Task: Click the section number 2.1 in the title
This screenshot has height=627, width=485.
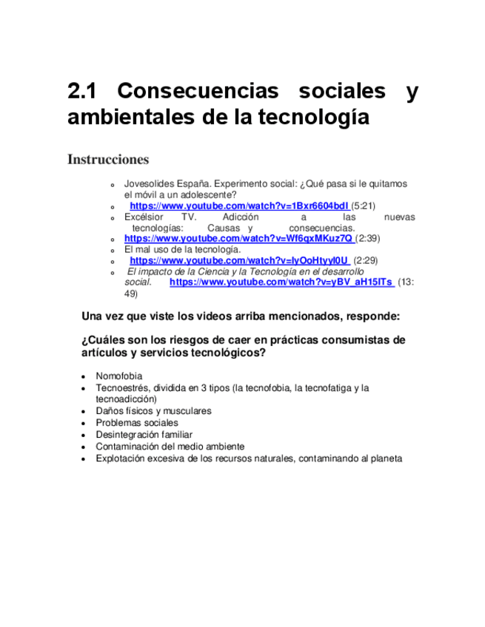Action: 83,92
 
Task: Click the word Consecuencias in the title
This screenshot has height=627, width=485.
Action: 198,92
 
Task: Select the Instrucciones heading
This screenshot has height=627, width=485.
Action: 108,160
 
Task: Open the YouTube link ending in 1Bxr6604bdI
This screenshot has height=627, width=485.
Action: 238,206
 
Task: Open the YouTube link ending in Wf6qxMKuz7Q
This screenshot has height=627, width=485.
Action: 238,239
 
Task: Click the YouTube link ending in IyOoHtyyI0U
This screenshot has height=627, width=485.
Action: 238,260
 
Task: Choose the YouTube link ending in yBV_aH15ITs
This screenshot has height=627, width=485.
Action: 281,282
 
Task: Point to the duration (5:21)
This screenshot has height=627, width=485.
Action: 364,206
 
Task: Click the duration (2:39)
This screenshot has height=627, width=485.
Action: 368,239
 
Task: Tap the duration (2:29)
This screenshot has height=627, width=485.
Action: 367,260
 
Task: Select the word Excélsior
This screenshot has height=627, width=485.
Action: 141,217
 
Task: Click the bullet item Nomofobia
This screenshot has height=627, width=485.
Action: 118,376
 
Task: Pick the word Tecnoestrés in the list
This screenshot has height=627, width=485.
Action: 121,387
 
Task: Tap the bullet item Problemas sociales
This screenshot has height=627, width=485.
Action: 137,423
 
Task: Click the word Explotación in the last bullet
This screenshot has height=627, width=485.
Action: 121,458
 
